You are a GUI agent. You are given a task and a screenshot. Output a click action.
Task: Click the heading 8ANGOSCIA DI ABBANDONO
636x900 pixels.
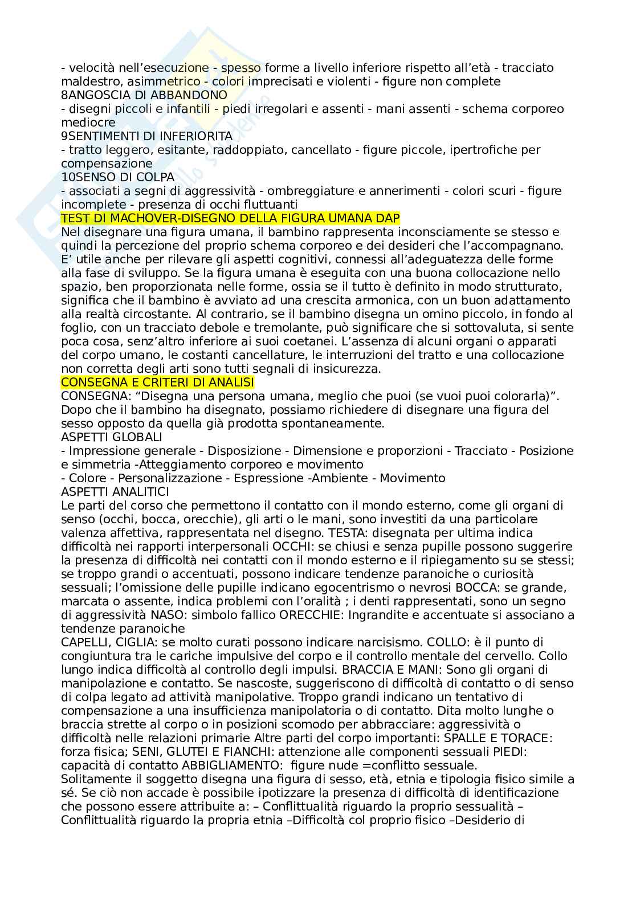pos(144,95)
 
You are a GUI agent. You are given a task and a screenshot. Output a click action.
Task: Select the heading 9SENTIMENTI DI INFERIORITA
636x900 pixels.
pos(146,136)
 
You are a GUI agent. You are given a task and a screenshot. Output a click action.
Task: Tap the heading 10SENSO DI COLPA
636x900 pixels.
pos(117,177)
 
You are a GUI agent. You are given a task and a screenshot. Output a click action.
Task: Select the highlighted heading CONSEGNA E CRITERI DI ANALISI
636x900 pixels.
pos(157,382)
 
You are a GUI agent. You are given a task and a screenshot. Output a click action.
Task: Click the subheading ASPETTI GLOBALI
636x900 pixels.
pos(112,437)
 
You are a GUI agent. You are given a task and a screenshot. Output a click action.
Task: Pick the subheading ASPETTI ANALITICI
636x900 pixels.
pos(115,491)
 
